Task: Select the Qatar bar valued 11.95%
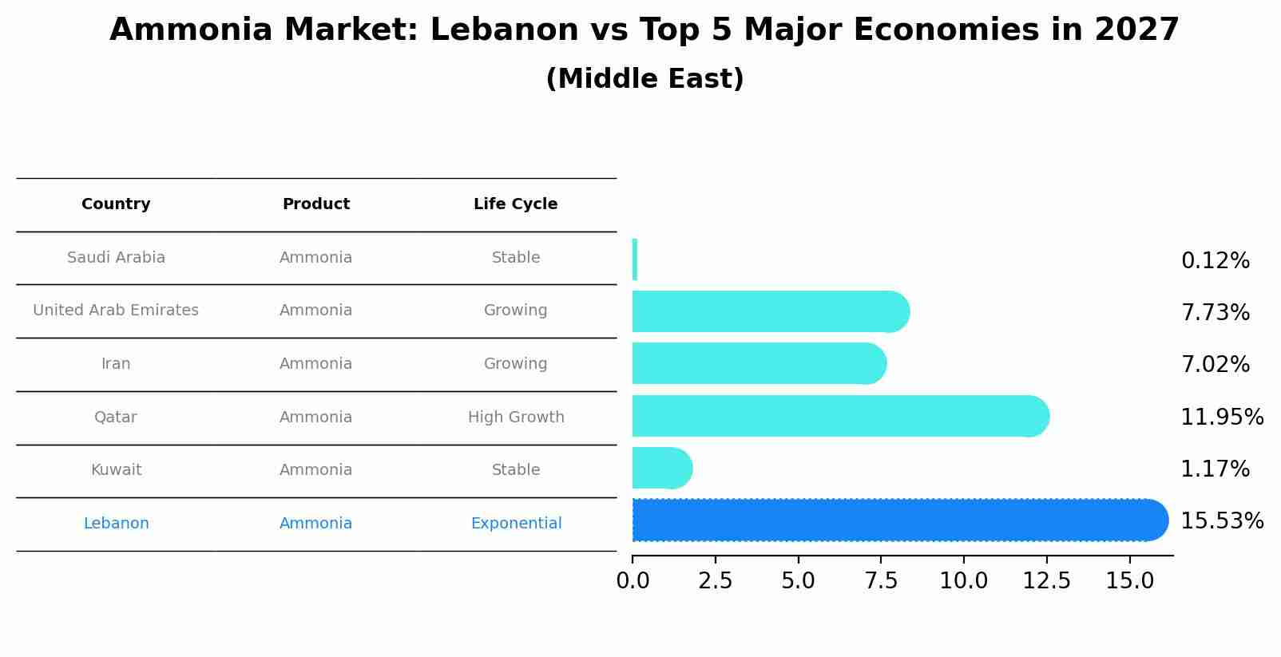(839, 416)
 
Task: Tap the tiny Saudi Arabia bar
(635, 259)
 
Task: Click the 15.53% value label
(1221, 521)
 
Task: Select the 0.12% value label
(1215, 261)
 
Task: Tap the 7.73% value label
(1215, 313)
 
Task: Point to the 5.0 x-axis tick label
(798, 581)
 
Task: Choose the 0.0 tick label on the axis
(633, 581)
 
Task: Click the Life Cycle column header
(515, 204)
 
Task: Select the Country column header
(116, 204)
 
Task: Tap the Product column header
(315, 204)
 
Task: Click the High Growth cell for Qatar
(515, 418)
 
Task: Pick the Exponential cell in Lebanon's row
(515, 524)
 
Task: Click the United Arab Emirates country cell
(116, 311)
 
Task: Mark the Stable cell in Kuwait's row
(515, 470)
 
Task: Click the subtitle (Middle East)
(644, 79)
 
